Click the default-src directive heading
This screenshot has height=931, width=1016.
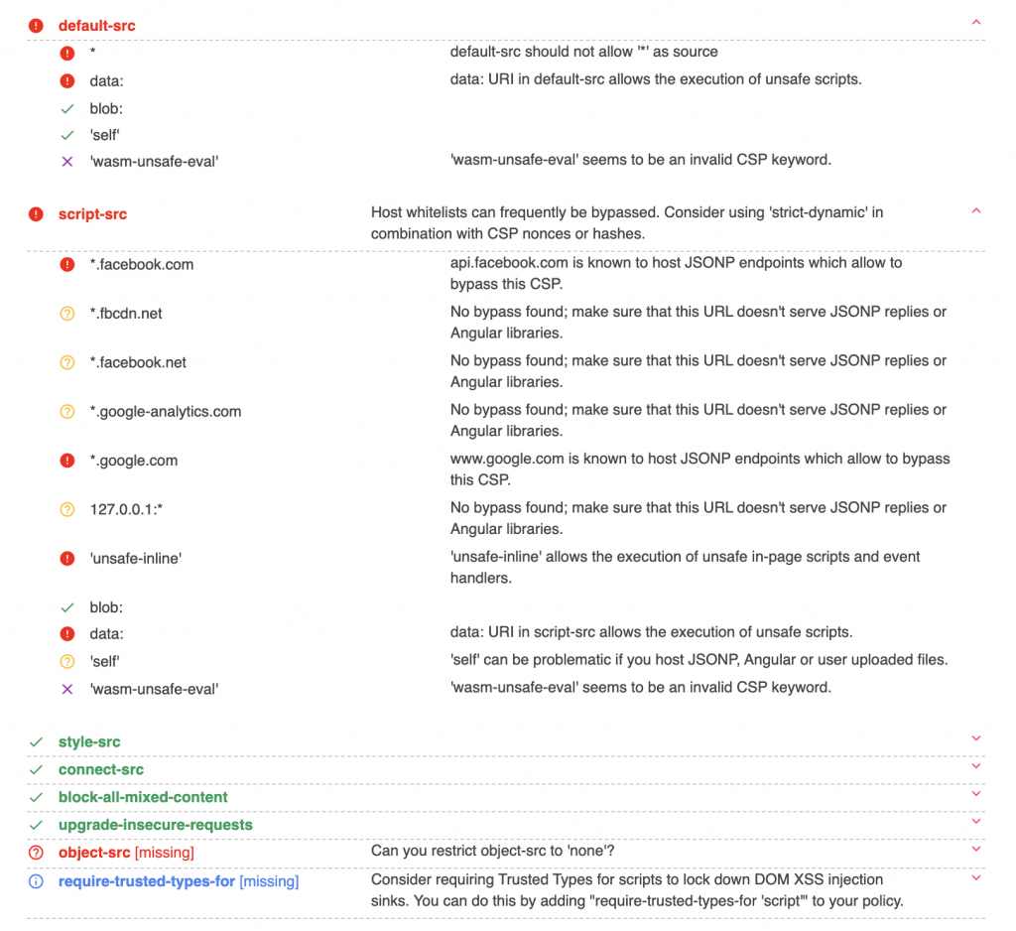96,26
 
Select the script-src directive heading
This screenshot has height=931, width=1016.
92,214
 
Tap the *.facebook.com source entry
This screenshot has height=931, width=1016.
141,265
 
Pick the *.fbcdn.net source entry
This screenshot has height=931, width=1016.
125,314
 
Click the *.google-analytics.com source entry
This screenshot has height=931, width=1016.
165,412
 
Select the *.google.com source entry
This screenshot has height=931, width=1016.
133,461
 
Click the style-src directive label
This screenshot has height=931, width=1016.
89,742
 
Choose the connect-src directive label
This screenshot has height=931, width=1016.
100,770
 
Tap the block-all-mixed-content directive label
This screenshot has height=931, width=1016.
143,797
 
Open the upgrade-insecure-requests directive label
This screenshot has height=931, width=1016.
155,825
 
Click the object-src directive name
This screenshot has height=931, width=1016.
94,853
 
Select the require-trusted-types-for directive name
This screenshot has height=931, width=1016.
146,881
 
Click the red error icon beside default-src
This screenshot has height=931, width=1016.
37,26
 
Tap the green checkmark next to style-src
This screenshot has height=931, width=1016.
37,742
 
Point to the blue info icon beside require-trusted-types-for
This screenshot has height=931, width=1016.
37,881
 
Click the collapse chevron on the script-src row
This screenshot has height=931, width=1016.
976,211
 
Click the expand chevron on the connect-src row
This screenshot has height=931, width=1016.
976,766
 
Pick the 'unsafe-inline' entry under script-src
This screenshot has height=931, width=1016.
135,559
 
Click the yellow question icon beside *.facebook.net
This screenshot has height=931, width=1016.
67,363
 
